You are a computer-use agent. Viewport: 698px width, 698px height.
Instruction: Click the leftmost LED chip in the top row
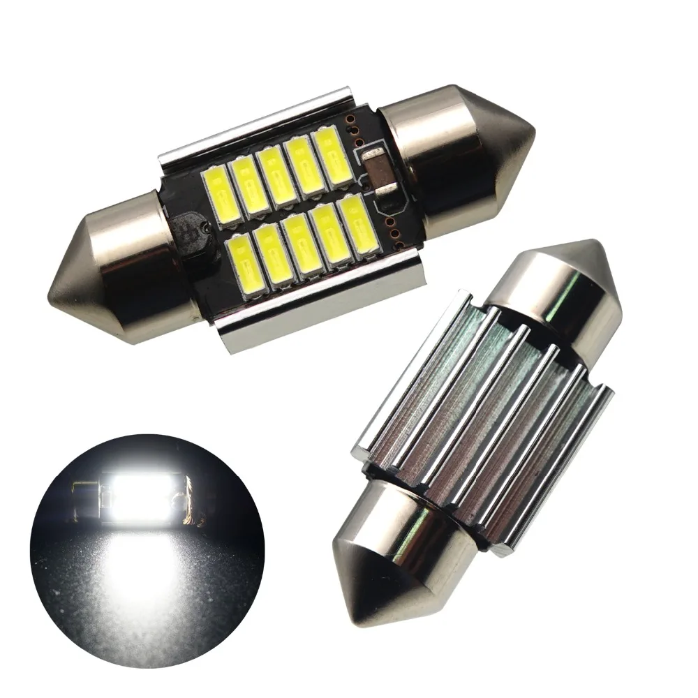[221, 197]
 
